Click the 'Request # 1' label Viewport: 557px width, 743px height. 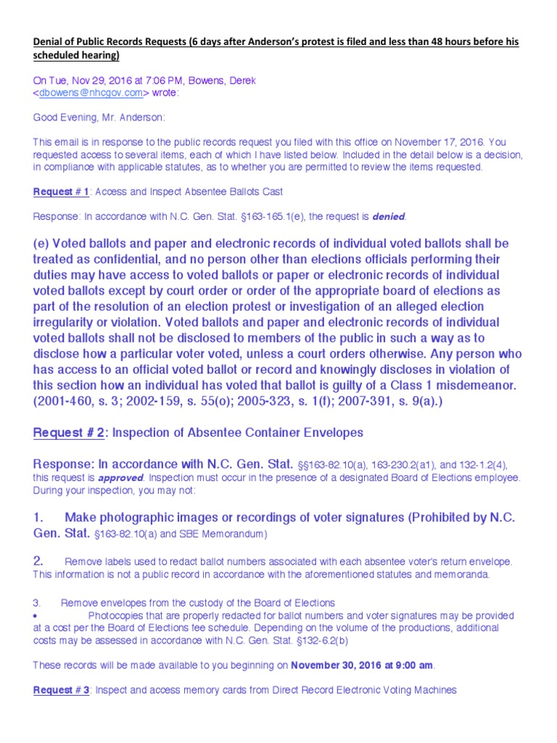[x=61, y=192]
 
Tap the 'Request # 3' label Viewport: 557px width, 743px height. [x=61, y=690]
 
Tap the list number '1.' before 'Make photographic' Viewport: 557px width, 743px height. [x=40, y=517]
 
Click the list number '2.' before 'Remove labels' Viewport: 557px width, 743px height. [x=40, y=561]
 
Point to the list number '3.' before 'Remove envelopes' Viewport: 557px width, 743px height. [x=38, y=603]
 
